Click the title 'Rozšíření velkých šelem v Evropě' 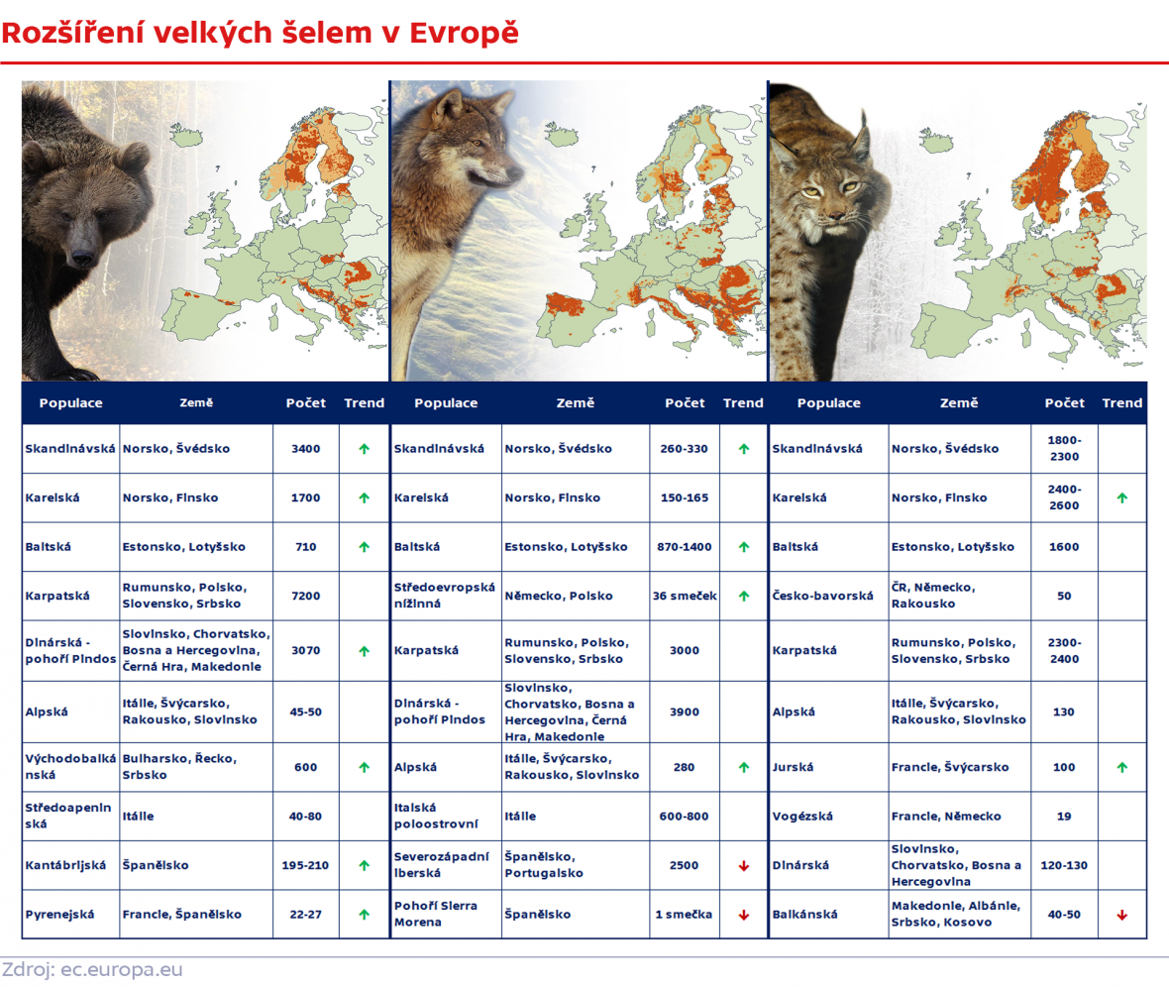click(260, 34)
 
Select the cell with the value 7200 click(306, 596)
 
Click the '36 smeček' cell click(685, 596)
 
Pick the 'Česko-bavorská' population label click(823, 596)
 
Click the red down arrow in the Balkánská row click(1121, 915)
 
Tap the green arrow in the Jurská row click(1121, 767)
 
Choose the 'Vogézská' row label click(802, 817)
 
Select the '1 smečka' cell click(684, 915)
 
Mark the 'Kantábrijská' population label click(65, 865)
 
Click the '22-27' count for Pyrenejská click(306, 915)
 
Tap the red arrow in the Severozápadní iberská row click(743, 866)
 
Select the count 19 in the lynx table click(1064, 817)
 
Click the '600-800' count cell click(685, 817)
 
